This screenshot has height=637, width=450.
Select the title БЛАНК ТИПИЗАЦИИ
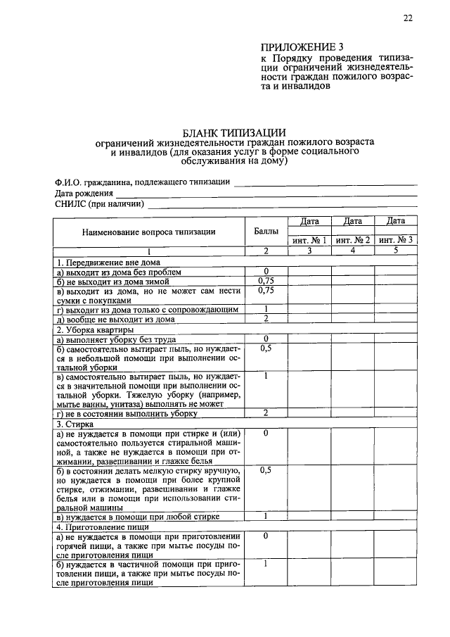(x=234, y=132)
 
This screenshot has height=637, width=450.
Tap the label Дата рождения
(x=84, y=193)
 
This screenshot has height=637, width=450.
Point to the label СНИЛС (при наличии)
(x=99, y=204)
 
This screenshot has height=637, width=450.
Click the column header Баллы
(x=266, y=231)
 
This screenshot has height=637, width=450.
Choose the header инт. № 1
(x=309, y=241)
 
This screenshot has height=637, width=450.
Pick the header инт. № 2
(x=353, y=241)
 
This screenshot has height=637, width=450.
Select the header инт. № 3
(x=396, y=241)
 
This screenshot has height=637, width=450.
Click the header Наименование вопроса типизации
(x=148, y=231)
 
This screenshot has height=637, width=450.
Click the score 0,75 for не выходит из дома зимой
(x=266, y=281)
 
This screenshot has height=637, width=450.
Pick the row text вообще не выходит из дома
(x=115, y=319)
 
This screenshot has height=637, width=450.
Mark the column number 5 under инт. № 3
(x=396, y=251)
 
